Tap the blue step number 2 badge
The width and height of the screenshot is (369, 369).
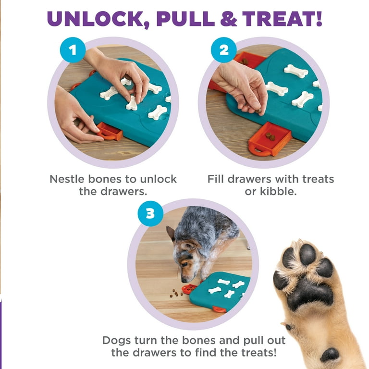point(224,50)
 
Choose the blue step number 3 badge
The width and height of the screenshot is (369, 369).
point(150,212)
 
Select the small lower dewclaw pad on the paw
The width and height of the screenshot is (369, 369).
point(330,355)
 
